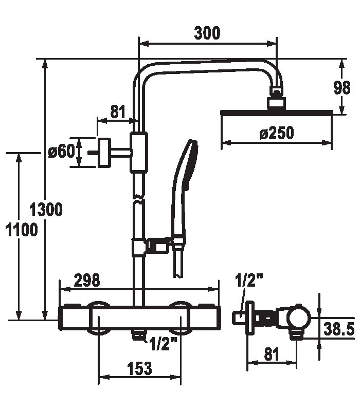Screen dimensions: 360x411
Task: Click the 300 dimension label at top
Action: pyautogui.click(x=207, y=33)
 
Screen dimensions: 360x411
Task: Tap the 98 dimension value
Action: pyautogui.click(x=342, y=88)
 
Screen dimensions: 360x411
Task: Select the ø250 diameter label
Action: pyautogui.click(x=277, y=133)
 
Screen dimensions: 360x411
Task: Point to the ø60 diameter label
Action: pyautogui.click(x=61, y=152)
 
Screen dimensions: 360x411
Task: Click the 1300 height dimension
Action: pyautogui.click(x=46, y=210)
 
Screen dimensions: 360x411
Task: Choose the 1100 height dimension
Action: pyautogui.click(x=22, y=230)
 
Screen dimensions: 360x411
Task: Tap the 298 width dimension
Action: pyautogui.click(x=87, y=281)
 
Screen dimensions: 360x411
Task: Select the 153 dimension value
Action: pyautogui.click(x=139, y=368)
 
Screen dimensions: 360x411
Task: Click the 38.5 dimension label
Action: pyautogui.click(x=339, y=329)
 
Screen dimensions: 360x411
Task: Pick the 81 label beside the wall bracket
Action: pyautogui.click(x=118, y=111)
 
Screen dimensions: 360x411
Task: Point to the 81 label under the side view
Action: pyautogui.click(x=272, y=354)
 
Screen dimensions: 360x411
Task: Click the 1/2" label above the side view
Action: pyautogui.click(x=249, y=281)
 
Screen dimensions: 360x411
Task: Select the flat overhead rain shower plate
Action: pyautogui.click(x=277, y=113)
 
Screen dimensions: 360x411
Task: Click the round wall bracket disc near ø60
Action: pyautogui.click(x=104, y=153)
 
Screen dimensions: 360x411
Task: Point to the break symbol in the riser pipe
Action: pyautogui.click(x=139, y=199)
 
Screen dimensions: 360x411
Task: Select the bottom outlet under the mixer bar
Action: pyautogui.click(x=138, y=335)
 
